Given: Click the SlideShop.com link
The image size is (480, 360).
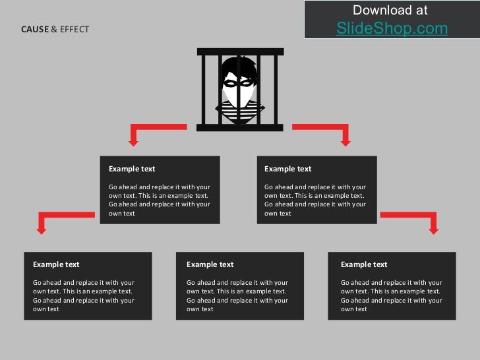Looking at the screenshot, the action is [392, 28].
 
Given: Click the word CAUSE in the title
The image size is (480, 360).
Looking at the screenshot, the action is [35, 30].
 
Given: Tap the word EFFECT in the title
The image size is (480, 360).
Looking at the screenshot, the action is [75, 30].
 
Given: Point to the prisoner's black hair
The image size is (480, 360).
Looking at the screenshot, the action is [239, 66].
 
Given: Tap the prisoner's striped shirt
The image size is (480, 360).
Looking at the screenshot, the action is [240, 112].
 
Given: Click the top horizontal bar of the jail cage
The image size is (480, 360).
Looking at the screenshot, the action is [240, 51].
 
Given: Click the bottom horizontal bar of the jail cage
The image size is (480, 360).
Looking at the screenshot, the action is [240, 127].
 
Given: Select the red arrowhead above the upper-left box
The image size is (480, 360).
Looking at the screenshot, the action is [133, 140].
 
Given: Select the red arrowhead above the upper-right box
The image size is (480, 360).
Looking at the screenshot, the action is [345, 140].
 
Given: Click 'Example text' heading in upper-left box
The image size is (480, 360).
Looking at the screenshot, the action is [132, 169].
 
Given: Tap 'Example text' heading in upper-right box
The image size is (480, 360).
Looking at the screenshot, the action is [288, 169].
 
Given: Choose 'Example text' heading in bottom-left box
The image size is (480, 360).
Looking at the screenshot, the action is [56, 264].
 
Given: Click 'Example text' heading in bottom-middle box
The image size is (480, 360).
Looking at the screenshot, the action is [210, 264].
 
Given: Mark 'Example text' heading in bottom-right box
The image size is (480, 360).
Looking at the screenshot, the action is [364, 264].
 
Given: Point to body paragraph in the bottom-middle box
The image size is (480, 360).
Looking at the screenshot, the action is [237, 295].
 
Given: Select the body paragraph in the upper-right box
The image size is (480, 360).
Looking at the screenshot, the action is [315, 200].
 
